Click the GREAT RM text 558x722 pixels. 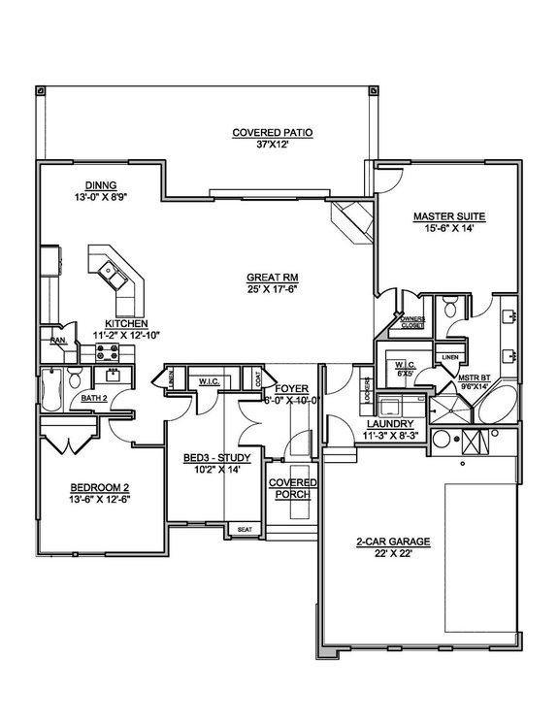[x=270, y=277]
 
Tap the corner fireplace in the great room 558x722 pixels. [x=351, y=221]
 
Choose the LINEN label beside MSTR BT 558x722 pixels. [x=448, y=358]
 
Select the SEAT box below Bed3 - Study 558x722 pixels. [x=243, y=530]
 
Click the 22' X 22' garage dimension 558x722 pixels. [x=377, y=553]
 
